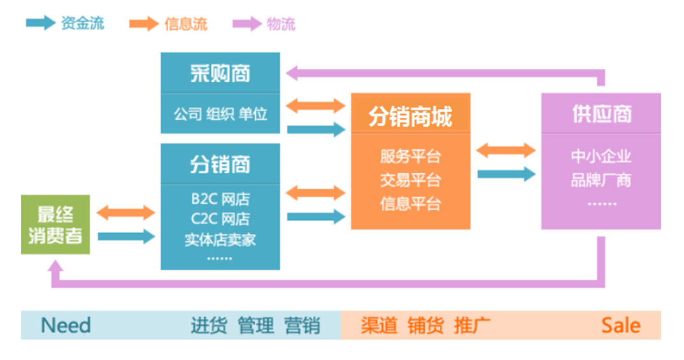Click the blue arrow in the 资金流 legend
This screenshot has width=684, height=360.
click(40, 24)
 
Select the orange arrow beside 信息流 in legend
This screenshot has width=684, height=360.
click(143, 24)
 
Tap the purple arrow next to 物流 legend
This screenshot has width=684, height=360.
click(246, 24)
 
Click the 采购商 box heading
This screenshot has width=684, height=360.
click(220, 73)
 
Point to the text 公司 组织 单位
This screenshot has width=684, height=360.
click(220, 115)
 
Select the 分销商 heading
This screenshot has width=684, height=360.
click(220, 164)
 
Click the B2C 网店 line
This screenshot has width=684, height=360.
click(220, 199)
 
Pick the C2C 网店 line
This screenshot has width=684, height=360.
click(220, 219)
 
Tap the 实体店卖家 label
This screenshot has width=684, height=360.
click(220, 240)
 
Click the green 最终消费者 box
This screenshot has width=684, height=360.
click(55, 225)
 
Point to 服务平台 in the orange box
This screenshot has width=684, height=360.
click(410, 156)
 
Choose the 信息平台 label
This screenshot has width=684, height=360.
click(410, 204)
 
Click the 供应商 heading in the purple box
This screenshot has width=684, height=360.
click(601, 114)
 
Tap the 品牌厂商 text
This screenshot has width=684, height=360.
click(601, 180)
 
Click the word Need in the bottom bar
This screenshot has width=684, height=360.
click(66, 326)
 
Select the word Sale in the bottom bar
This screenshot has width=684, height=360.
click(620, 326)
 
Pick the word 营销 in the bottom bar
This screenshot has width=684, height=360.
click(303, 326)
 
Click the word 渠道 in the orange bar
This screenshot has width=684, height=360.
click(379, 326)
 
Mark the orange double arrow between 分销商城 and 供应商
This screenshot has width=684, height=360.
click(506, 151)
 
